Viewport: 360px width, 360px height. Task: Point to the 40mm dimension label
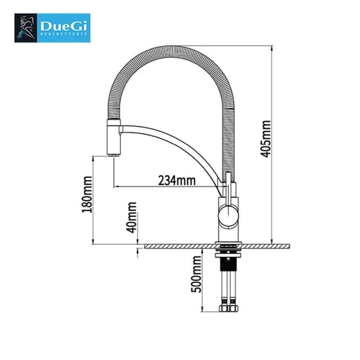[132, 215]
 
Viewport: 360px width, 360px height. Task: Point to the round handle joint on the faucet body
[229, 210]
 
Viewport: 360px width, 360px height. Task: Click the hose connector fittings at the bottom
[230, 309]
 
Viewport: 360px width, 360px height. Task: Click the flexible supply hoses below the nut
[230, 281]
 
